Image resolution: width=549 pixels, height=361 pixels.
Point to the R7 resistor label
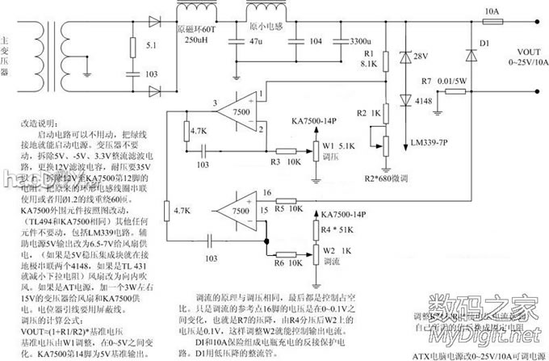(426, 82)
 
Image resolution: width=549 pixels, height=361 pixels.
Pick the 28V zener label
(420, 57)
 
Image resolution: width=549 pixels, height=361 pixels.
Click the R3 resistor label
(275, 162)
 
